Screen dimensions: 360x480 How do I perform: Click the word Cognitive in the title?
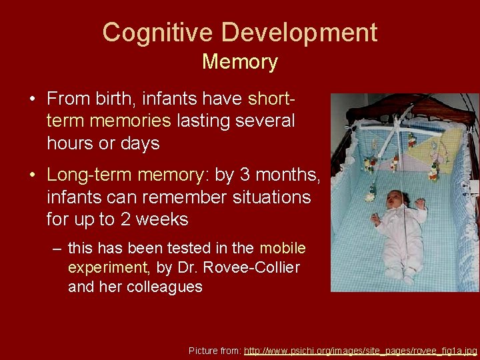(158, 32)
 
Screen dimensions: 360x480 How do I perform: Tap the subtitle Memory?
(239, 62)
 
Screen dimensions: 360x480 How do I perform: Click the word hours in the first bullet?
(69, 143)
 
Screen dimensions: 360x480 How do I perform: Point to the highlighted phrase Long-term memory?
(126, 175)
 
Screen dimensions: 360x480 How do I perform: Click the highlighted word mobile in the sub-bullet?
(283, 249)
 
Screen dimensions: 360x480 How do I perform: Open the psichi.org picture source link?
(361, 350)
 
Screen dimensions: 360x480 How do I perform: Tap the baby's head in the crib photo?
(397, 199)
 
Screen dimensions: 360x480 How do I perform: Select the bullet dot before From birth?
(32, 100)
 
